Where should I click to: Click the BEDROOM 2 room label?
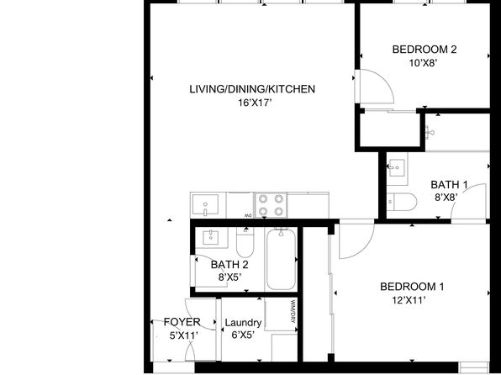425,49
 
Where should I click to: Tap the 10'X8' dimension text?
425,61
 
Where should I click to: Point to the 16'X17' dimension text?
252,102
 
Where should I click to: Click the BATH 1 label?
449,185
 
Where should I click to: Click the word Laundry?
243,323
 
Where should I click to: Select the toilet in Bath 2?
245,244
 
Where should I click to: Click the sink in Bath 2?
208,238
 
